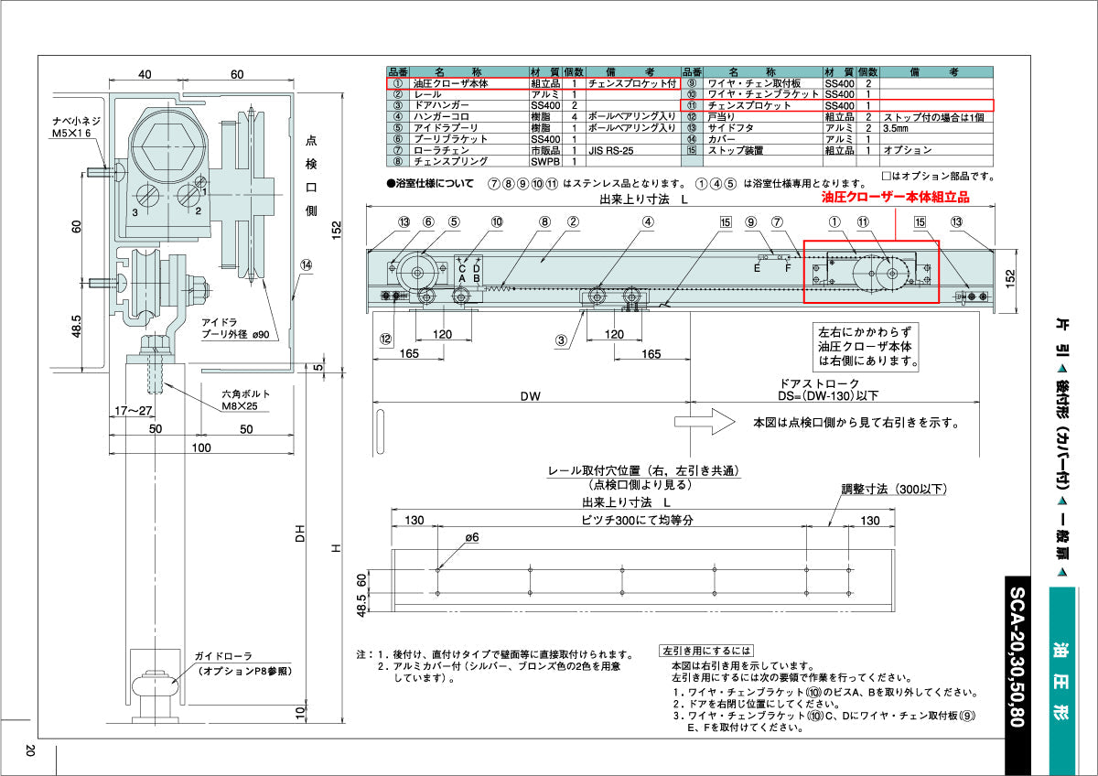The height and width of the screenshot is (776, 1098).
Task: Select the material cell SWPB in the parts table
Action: click(x=544, y=160)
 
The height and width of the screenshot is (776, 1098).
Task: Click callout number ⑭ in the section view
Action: click(x=306, y=264)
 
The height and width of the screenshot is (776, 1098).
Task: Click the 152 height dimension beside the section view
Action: click(x=336, y=227)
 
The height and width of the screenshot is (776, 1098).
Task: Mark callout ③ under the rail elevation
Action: click(x=562, y=340)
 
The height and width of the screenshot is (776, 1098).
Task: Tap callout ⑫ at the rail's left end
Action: click(x=386, y=338)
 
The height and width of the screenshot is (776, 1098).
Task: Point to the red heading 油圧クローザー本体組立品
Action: click(x=894, y=197)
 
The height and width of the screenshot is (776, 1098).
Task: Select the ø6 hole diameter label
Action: click(x=472, y=539)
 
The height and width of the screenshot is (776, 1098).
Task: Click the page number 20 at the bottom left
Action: click(x=30, y=750)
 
